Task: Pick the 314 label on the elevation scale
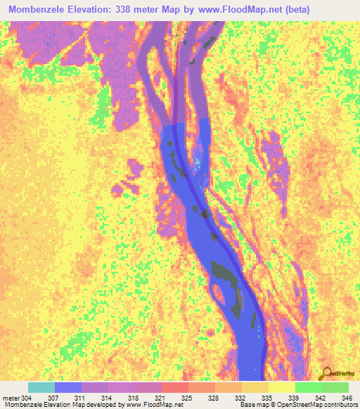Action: tap(115, 398)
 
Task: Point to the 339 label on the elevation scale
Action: tap(292, 398)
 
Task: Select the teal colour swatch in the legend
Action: tap(41, 387)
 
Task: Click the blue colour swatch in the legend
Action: tap(68, 387)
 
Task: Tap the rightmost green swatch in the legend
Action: tap(335, 387)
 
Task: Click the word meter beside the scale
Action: tap(11, 398)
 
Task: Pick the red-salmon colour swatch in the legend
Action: tap(175, 387)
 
